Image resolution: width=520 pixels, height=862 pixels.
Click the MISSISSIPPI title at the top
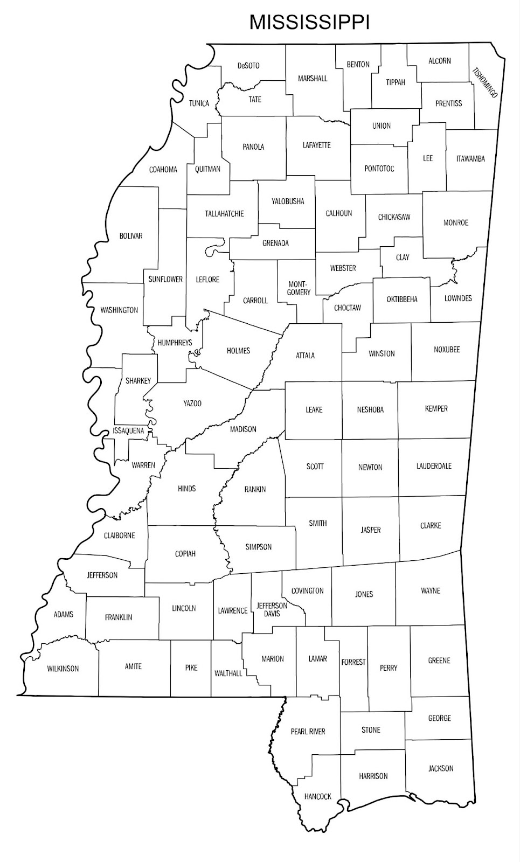(309, 22)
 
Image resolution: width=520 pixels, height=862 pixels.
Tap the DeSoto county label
(248, 66)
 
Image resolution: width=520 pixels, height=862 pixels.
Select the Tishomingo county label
(485, 82)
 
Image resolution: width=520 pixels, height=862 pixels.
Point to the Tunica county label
(199, 103)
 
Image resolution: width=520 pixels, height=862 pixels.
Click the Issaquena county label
(129, 430)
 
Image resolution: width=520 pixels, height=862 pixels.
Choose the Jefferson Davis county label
(272, 609)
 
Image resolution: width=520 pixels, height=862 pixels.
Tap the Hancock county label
(317, 796)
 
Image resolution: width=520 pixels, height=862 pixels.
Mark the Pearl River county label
(308, 731)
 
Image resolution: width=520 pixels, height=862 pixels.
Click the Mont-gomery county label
(299, 288)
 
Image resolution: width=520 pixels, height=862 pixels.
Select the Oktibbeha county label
(402, 300)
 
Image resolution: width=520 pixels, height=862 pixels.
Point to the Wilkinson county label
(63, 669)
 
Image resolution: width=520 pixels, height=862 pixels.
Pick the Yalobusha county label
(288, 201)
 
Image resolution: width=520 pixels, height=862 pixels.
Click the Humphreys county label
(175, 343)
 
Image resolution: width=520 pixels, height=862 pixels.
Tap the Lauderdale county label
(434, 466)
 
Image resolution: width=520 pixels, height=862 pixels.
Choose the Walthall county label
(228, 673)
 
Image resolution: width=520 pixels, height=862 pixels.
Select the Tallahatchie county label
(224, 214)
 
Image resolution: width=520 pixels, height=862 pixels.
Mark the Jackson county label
(441, 768)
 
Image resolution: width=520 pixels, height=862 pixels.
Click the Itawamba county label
(470, 158)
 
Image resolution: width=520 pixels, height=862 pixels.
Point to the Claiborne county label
(120, 536)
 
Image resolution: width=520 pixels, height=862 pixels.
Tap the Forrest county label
(353, 662)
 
